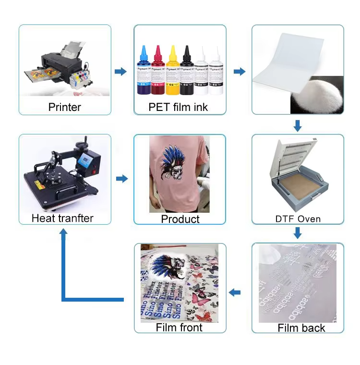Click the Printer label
coord(65,107)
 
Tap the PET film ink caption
coord(178,107)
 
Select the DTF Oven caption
coord(298,219)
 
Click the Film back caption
coord(301,328)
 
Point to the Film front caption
coord(179,328)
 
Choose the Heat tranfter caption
coord(62,218)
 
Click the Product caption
coord(180,219)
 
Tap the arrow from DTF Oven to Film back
coord(298,233)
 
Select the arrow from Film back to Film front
coord(235,292)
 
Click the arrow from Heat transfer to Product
coord(122,179)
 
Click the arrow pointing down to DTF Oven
coord(298,126)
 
